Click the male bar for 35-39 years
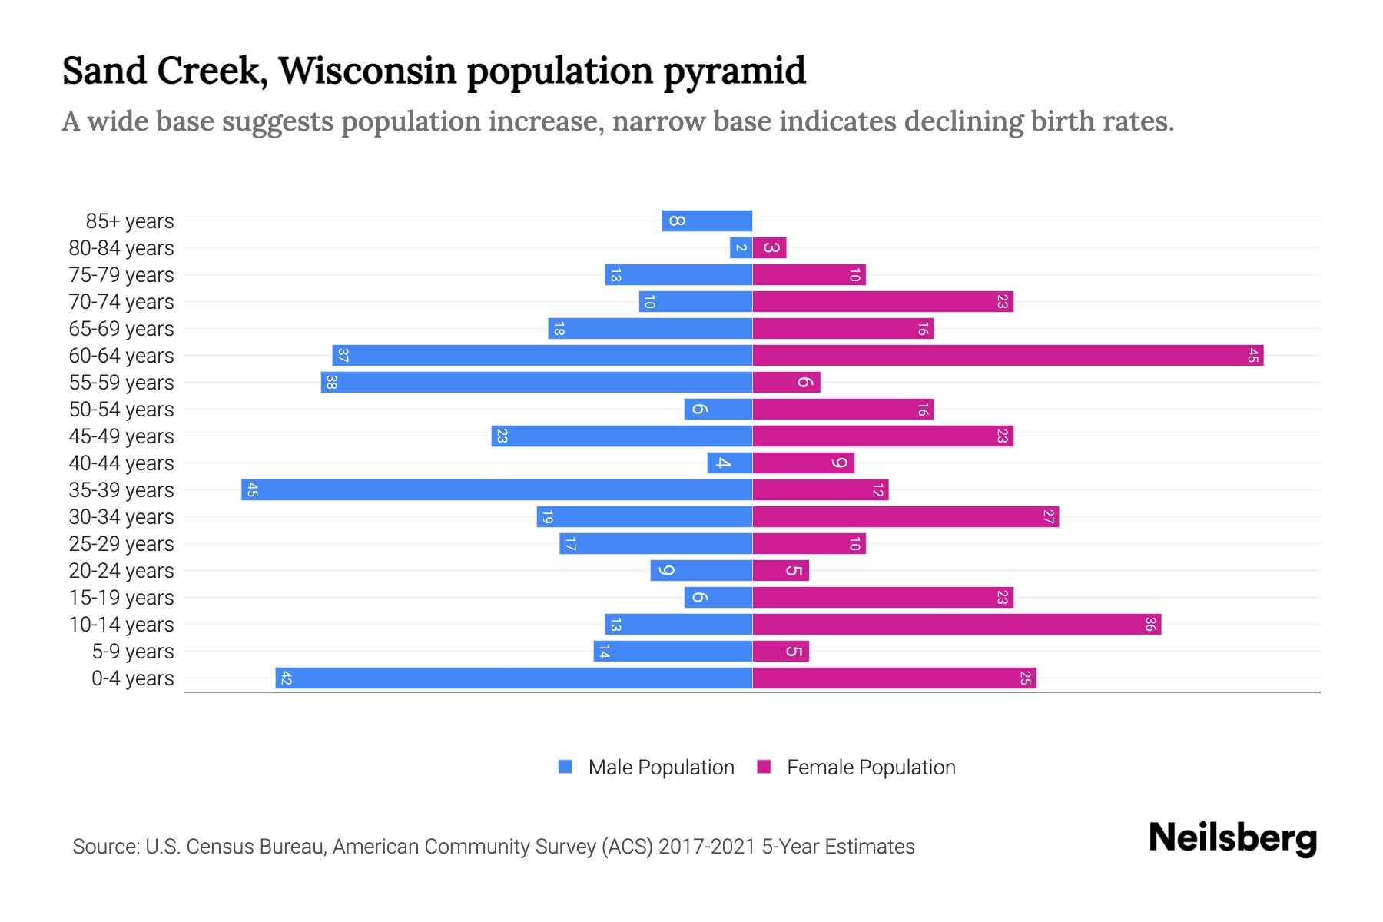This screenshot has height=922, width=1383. click(496, 489)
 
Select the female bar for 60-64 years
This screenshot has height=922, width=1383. click(1007, 355)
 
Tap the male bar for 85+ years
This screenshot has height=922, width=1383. click(707, 221)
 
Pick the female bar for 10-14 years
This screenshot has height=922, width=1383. click(957, 624)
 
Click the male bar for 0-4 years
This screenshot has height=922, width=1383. click(513, 678)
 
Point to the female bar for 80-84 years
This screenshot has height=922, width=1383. click(770, 247)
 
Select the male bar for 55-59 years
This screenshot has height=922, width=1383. click(536, 382)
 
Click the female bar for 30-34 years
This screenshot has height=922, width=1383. click(905, 516)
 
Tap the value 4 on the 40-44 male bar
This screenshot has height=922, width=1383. click(723, 463)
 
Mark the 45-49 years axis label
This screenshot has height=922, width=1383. click(121, 436)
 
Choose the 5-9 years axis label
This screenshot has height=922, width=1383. click(133, 651)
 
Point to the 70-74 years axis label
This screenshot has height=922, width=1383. click(121, 301)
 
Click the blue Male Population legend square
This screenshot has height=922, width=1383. click(565, 767)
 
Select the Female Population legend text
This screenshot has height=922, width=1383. click(871, 767)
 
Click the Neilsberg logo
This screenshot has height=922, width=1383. click(1232, 837)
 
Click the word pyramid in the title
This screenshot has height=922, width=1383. click(734, 71)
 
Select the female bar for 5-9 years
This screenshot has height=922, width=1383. click(781, 651)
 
